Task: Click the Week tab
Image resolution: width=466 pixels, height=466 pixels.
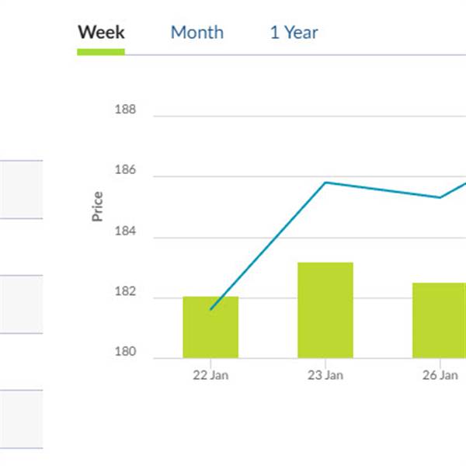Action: click(x=101, y=33)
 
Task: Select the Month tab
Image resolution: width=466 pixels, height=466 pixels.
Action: click(x=196, y=33)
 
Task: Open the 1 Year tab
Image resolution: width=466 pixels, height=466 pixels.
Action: click(x=294, y=33)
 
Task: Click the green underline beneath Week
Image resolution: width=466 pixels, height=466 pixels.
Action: click(x=101, y=52)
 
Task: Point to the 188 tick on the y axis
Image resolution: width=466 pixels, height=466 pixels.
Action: click(x=125, y=110)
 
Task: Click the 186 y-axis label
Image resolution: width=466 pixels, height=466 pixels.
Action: click(x=125, y=170)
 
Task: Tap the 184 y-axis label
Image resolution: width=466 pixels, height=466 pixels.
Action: click(x=125, y=231)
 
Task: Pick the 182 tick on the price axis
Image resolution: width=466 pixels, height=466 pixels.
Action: click(x=125, y=292)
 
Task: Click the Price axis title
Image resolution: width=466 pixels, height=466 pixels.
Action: click(x=98, y=207)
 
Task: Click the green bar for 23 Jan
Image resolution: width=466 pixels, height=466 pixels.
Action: click(x=325, y=311)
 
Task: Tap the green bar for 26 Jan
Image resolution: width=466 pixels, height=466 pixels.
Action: click(x=439, y=320)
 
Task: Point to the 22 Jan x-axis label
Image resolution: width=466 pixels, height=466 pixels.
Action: click(x=210, y=375)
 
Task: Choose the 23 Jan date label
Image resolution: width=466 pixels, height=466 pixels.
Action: click(x=325, y=375)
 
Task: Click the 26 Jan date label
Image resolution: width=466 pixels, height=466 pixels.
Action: click(x=440, y=375)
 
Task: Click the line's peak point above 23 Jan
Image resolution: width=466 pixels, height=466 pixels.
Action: click(x=325, y=183)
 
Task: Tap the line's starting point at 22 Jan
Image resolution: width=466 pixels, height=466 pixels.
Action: click(x=210, y=309)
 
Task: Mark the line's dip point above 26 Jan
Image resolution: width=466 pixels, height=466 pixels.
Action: click(x=440, y=197)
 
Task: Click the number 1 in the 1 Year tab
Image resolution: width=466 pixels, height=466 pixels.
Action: click(x=274, y=33)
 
